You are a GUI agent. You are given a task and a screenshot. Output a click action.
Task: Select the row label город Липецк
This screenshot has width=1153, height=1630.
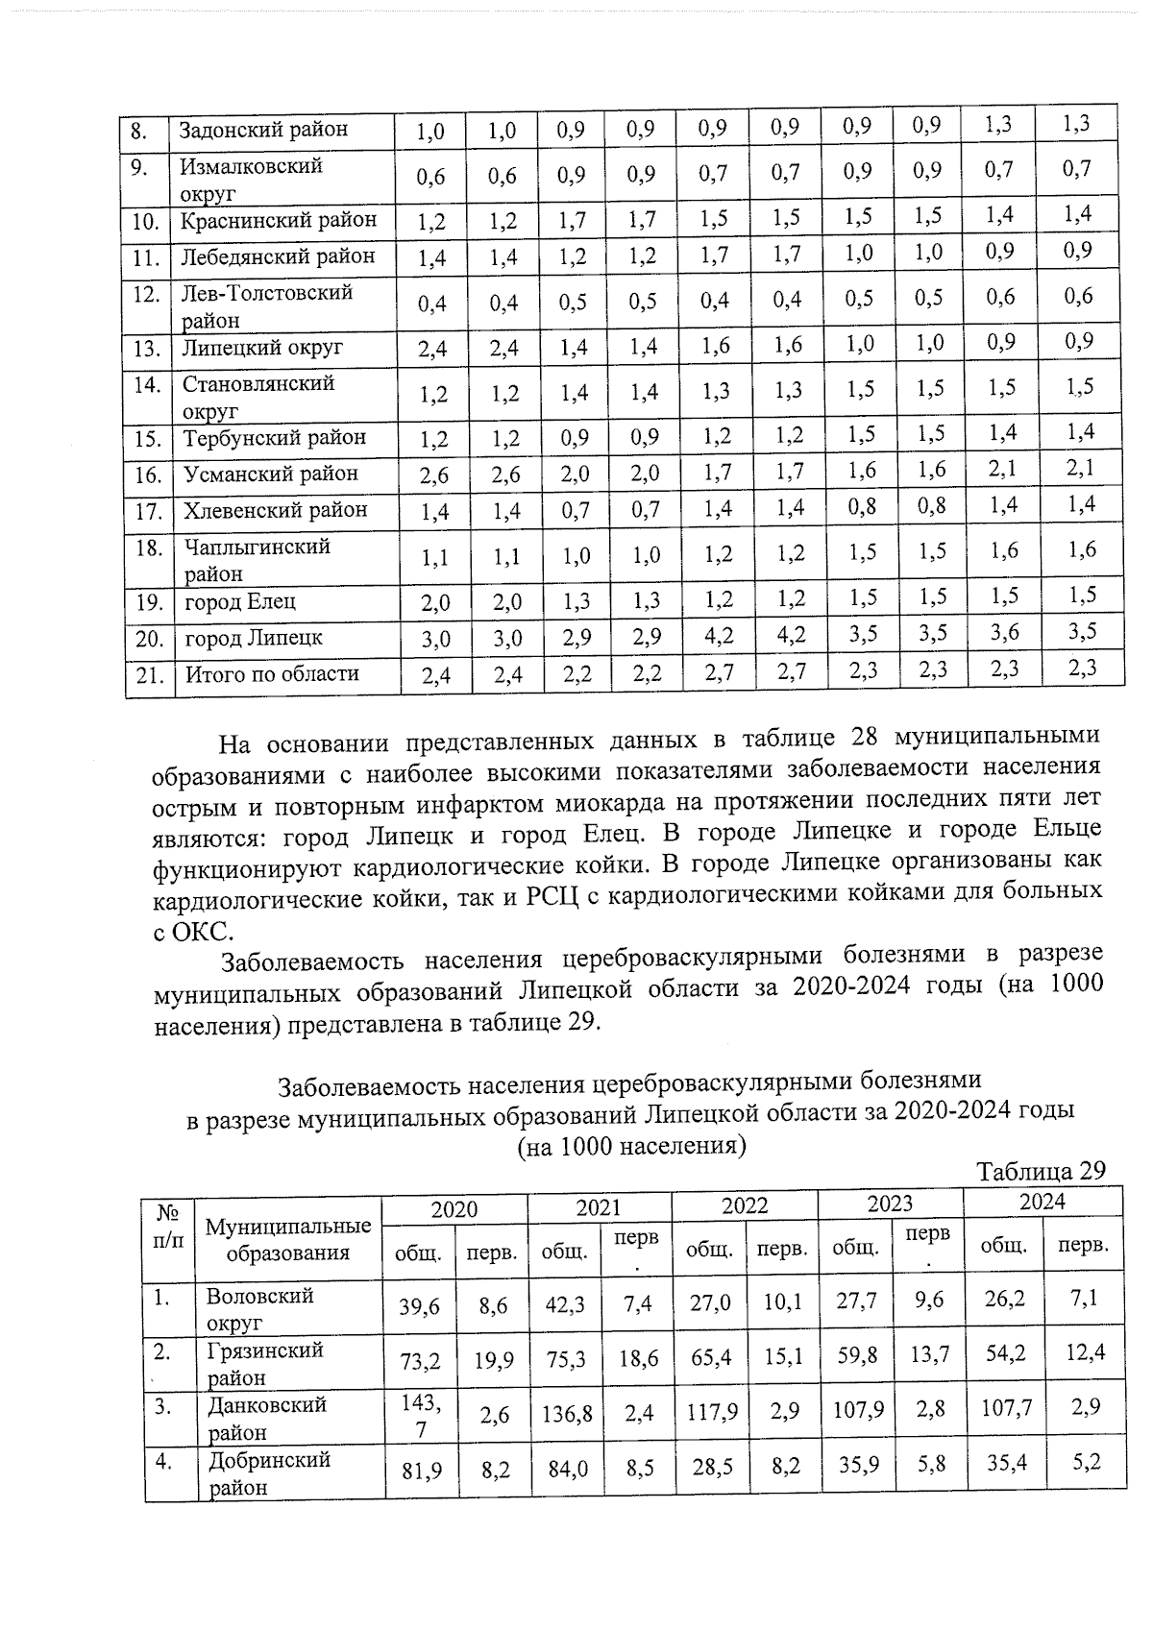254,638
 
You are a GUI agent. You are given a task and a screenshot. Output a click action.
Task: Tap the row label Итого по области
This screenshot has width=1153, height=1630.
272,674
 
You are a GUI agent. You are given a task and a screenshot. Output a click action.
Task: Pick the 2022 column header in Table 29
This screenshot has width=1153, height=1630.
745,1206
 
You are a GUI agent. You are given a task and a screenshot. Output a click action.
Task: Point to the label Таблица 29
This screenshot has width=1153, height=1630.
1042,1171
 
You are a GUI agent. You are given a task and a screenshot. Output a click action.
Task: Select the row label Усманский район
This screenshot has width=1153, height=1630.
271,474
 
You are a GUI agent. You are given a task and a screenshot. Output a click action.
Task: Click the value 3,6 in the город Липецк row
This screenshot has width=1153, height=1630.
1004,633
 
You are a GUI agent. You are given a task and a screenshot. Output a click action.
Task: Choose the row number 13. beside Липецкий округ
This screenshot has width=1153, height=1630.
147,349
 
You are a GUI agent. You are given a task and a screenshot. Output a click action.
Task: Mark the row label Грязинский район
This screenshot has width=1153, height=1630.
265,1364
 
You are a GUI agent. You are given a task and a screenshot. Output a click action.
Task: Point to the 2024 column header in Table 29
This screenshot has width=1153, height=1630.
1042,1202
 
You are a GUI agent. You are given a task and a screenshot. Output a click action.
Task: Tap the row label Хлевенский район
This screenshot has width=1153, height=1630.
276,510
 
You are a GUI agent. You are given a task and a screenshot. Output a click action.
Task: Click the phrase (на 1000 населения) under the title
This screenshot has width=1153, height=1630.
631,1146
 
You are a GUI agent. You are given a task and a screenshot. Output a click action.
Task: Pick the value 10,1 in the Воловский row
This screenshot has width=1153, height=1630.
783,1303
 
